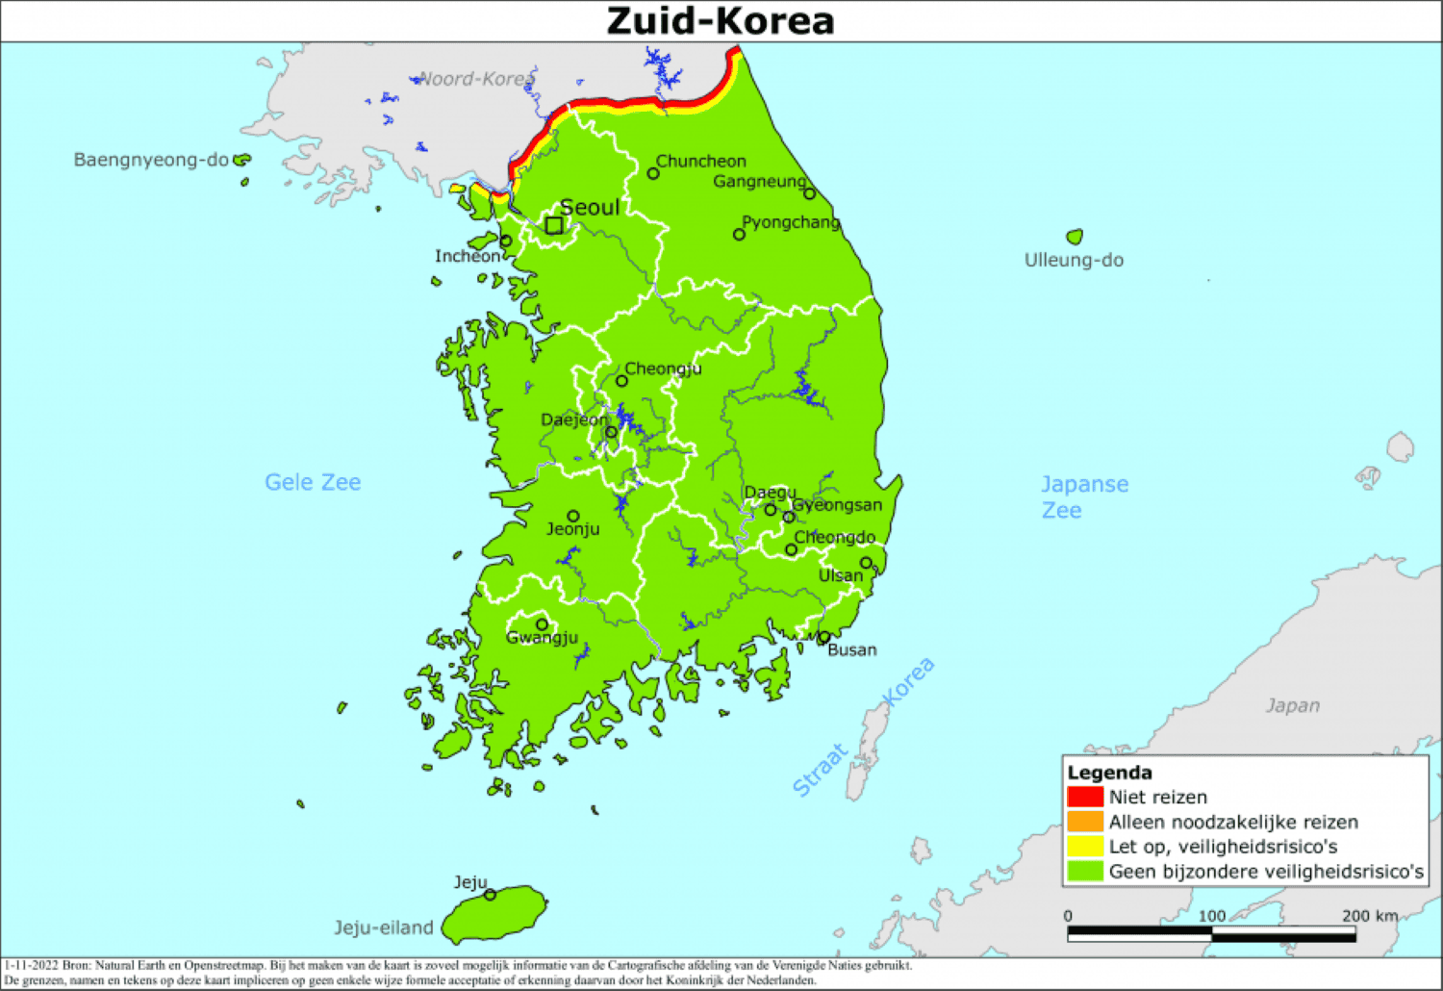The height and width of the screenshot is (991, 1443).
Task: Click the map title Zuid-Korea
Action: point(720,21)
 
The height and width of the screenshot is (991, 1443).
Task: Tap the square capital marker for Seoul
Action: point(554,225)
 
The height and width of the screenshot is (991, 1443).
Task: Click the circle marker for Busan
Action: point(824,637)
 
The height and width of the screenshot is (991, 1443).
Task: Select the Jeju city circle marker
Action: point(490,895)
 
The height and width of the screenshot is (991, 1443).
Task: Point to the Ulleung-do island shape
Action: point(1075,237)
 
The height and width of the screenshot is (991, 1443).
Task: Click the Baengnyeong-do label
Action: point(151,160)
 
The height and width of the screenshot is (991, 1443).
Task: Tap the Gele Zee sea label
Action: point(313,482)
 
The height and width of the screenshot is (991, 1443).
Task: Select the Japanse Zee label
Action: point(1084,496)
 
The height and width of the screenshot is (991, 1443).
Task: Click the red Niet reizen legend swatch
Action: point(1084,797)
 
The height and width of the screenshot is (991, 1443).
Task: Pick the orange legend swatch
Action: point(1084,822)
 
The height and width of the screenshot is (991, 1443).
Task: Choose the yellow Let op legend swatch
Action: point(1084,847)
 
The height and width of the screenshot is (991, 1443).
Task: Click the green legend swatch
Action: point(1084,872)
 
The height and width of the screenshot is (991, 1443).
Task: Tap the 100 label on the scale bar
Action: point(1211,916)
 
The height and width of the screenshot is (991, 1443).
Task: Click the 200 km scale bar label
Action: point(1370,916)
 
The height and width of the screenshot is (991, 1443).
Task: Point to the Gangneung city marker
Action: point(809,193)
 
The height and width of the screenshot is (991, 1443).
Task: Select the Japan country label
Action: point(1292,705)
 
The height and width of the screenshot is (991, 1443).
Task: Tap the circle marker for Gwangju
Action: point(542,624)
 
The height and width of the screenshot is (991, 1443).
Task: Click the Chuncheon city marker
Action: point(653,174)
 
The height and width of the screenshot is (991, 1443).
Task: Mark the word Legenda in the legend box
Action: point(1109,773)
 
